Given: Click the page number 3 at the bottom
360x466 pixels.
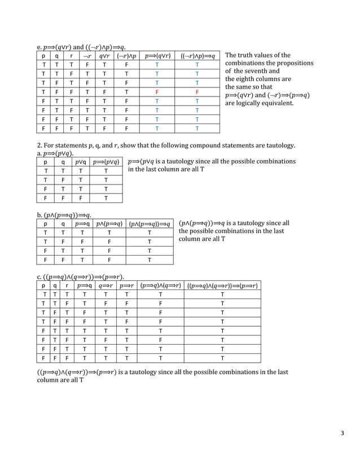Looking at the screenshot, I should tap(342, 433).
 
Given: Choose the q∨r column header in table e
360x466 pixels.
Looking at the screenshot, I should tap(104, 56).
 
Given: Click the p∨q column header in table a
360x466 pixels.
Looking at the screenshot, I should tap(82, 161).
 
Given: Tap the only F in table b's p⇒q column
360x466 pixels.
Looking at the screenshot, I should tap(82, 241).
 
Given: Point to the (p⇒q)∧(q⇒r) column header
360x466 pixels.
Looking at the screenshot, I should tap(161, 285).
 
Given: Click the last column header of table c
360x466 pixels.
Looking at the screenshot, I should tap(222, 285).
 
